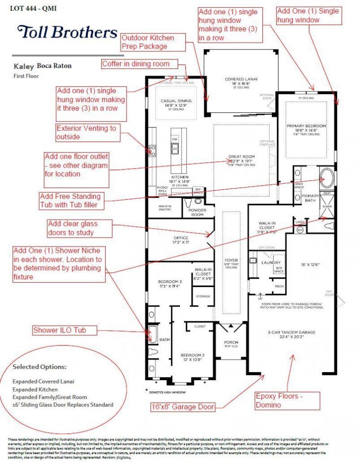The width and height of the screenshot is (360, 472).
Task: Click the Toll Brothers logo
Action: (x=67, y=32)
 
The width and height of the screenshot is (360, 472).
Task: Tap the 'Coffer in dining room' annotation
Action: (x=135, y=64)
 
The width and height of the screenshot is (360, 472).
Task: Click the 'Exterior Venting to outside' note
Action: (x=86, y=132)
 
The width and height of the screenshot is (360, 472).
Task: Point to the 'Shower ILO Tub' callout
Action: (x=65, y=330)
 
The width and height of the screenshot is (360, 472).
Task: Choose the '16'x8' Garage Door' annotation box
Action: (x=183, y=408)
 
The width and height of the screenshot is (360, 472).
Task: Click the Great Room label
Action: (x=242, y=157)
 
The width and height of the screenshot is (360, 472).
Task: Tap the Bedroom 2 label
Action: (x=193, y=354)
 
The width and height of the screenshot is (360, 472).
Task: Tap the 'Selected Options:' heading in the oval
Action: (x=40, y=367)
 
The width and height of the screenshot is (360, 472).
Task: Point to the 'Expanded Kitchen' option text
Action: (x=35, y=389)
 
